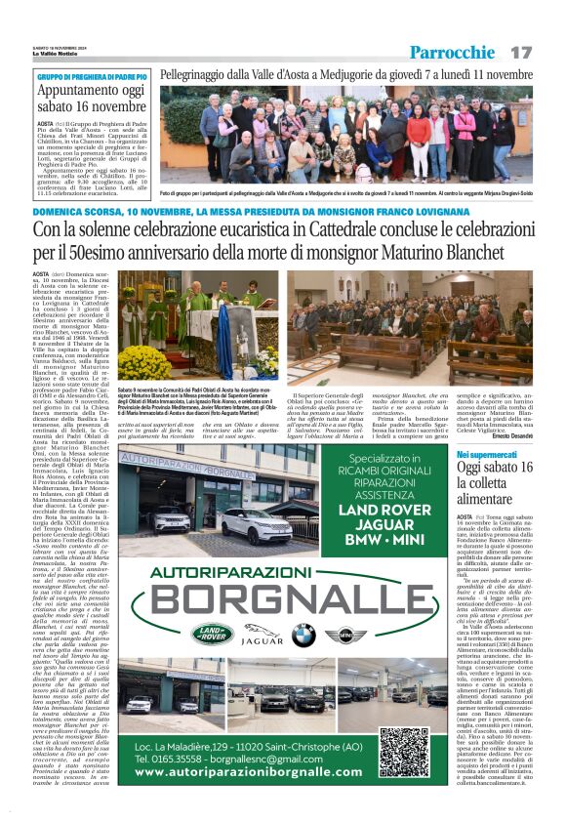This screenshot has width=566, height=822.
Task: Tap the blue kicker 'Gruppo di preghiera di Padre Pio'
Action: tap(92, 76)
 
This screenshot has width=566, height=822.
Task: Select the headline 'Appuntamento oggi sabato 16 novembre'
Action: tap(91, 99)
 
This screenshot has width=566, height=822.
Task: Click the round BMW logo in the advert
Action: tap(303, 635)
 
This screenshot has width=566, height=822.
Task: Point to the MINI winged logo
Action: tap(344, 636)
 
